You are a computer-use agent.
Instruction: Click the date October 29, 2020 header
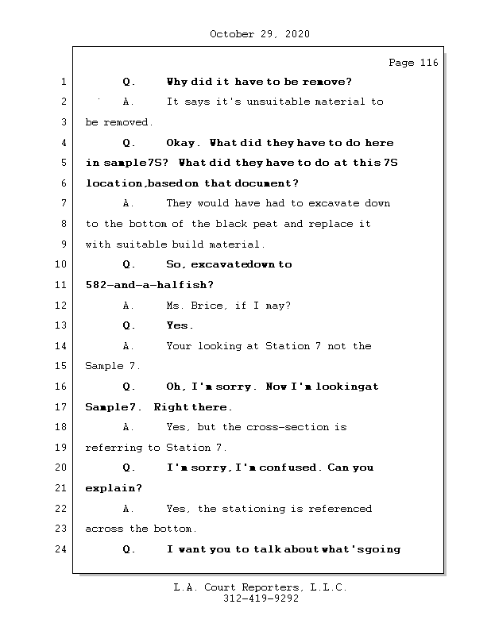[260, 34]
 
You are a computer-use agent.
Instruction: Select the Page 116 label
[413, 63]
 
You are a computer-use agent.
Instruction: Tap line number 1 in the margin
[63, 82]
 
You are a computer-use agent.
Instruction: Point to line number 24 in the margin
[63, 549]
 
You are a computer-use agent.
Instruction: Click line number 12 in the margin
[63, 306]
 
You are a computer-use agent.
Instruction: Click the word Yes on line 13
[179, 325]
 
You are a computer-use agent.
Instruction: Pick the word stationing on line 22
[254, 509]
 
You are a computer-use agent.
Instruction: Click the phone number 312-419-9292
[261, 599]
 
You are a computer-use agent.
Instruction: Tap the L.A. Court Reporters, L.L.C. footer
[261, 588]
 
